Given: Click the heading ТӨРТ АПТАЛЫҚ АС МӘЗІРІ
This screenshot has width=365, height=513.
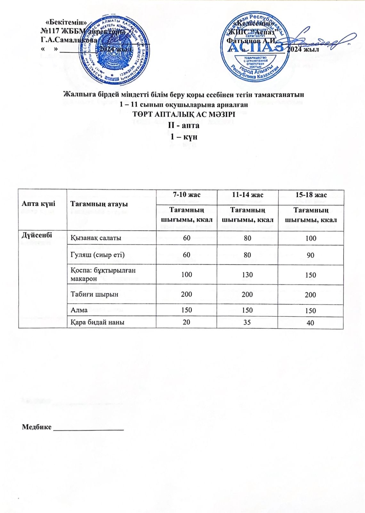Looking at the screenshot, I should [184, 114].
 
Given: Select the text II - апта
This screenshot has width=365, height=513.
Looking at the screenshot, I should [184, 125].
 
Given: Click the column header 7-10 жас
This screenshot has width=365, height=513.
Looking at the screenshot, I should [186, 195].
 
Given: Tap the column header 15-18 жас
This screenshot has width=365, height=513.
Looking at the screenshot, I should [311, 195].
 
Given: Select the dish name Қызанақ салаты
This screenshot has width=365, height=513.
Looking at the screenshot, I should [96, 238].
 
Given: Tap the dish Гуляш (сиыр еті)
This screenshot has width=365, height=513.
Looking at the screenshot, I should [97, 255].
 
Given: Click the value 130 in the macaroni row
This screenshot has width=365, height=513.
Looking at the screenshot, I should [247, 275].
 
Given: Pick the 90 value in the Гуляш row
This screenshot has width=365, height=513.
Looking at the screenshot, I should [310, 255].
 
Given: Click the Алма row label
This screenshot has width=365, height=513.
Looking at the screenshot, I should [79, 310].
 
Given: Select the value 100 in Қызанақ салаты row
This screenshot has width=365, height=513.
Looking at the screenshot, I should [311, 238].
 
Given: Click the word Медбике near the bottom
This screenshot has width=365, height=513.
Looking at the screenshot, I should [36, 427].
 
